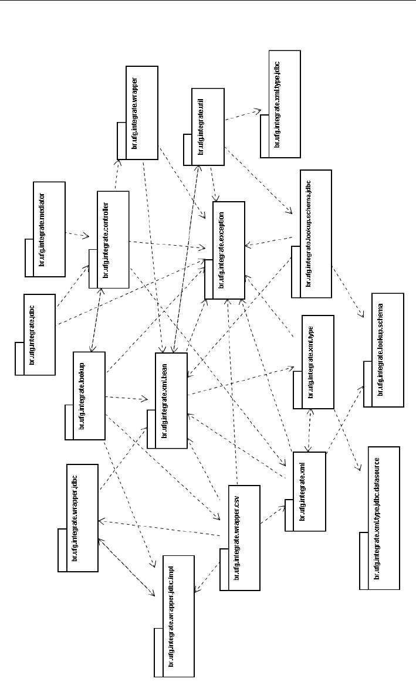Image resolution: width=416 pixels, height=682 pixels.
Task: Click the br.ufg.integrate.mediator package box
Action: pos(45,229)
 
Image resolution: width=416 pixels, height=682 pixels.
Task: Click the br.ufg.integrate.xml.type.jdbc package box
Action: pos(281,104)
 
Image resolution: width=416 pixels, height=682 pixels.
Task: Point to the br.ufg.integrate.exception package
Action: pos(224,250)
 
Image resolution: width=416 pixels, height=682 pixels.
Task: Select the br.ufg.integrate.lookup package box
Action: pos(86,396)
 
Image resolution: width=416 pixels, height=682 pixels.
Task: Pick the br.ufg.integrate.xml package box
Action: pos(305,491)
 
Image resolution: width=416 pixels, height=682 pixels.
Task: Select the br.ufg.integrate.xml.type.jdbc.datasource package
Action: pos(379,518)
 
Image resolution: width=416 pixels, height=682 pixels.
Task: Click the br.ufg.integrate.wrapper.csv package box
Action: pos(239,538)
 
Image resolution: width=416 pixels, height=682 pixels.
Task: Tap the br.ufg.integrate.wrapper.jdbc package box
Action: pos(78,516)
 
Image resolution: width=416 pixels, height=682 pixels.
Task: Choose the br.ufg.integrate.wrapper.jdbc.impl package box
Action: pos(174,616)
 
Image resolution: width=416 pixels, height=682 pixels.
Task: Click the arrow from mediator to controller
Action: pos(77,235)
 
